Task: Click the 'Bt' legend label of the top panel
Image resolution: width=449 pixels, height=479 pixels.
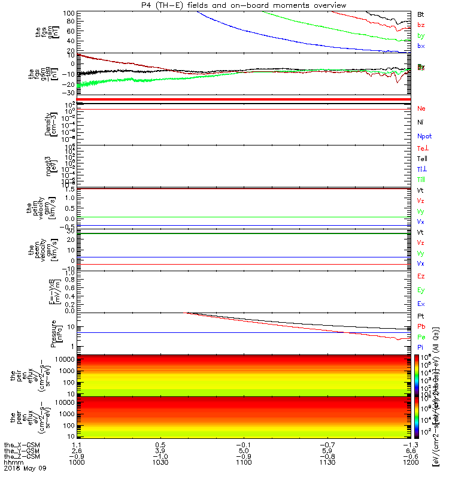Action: [x=421, y=14]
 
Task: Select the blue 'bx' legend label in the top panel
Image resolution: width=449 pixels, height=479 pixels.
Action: [x=421, y=46]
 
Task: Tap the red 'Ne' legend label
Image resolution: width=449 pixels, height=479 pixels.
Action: [x=421, y=109]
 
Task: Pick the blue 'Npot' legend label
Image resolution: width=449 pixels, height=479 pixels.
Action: [x=424, y=136]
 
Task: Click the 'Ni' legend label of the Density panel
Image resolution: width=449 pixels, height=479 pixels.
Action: [x=421, y=122]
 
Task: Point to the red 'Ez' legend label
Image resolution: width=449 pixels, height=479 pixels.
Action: [x=421, y=277]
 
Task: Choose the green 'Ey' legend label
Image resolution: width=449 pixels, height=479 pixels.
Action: [x=421, y=290]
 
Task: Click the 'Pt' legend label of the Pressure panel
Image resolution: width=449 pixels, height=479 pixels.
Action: [x=421, y=316]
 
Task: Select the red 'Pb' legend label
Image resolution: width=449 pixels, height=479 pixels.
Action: [x=421, y=326]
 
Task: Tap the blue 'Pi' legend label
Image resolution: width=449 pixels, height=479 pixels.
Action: [x=421, y=347]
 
